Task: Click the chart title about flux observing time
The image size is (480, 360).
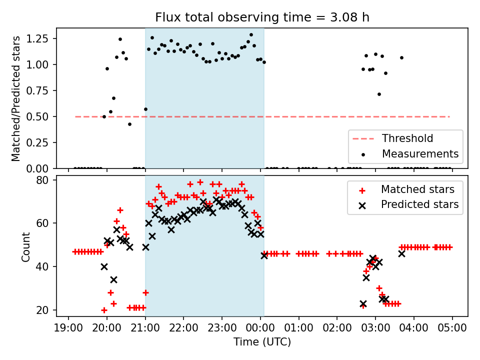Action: click(262, 18)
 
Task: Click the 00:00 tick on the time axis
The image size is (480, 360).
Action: click(260, 329)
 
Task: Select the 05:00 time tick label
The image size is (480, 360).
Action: click(452, 329)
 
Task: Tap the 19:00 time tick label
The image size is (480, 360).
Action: click(68, 329)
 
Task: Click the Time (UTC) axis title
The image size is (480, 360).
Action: click(262, 342)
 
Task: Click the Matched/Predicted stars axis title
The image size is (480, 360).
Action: click(16, 98)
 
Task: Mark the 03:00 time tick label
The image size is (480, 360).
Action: click(375, 329)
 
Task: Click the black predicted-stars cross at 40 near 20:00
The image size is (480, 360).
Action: click(104, 266)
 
